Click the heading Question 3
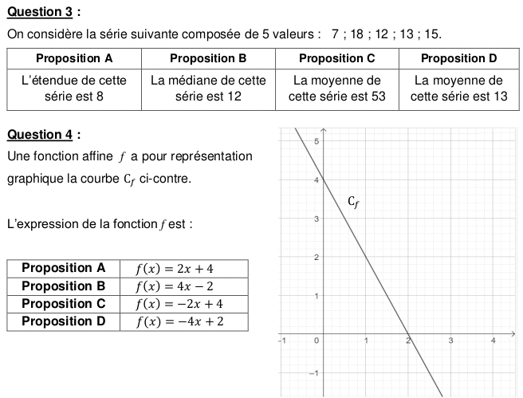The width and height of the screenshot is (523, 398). click(43, 11)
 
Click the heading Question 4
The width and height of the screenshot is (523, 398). click(43, 134)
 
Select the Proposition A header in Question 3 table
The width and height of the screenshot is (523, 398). click(74, 58)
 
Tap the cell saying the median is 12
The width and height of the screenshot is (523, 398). click(208, 88)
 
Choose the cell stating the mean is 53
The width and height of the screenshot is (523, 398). click(337, 88)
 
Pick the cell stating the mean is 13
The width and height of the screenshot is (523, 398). click(458, 88)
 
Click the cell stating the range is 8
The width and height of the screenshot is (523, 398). click(74, 88)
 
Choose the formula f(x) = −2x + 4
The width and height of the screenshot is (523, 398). click(179, 304)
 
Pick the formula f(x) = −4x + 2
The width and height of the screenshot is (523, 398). click(179, 321)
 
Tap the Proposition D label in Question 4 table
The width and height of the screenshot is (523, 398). click(63, 321)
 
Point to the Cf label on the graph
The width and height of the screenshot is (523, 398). click(354, 203)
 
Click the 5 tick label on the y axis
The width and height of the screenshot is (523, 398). click(316, 141)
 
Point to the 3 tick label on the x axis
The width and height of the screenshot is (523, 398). click(450, 341)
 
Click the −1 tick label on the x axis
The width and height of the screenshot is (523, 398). click(281, 341)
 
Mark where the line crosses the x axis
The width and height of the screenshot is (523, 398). click(408, 334)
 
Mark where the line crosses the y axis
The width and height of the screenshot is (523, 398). click(324, 179)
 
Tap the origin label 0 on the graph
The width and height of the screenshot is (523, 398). click(317, 341)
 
